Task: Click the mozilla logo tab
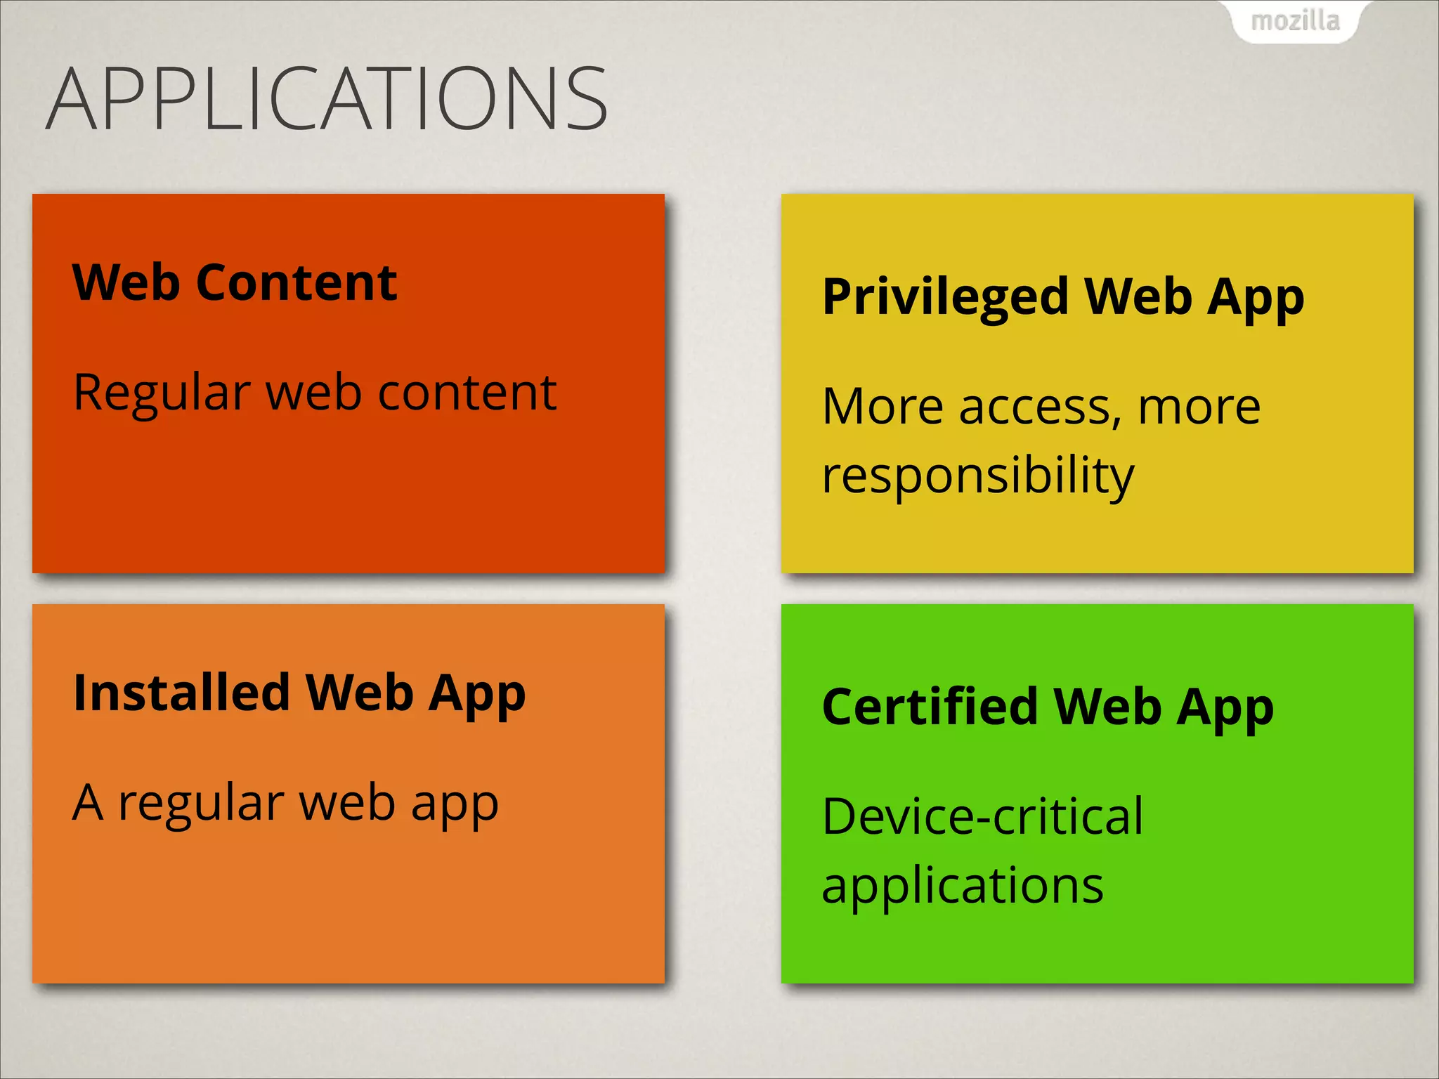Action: click(1295, 21)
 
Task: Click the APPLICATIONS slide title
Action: click(327, 98)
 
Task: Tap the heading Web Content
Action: click(235, 282)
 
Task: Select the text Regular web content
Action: click(315, 392)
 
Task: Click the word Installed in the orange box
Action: click(181, 693)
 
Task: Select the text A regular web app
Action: click(285, 803)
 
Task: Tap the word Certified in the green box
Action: click(930, 707)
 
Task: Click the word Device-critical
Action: click(982, 817)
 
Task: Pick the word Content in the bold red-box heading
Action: click(297, 282)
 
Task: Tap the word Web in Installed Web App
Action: click(359, 693)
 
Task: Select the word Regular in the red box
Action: click(162, 393)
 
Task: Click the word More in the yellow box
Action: click(883, 407)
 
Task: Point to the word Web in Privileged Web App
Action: click(1138, 296)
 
